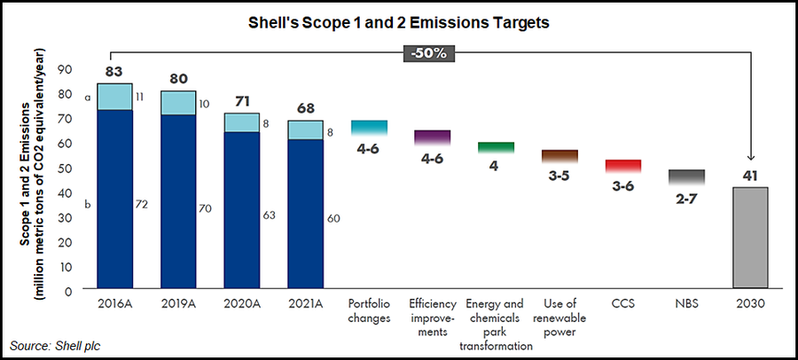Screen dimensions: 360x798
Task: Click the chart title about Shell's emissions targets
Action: click(x=398, y=23)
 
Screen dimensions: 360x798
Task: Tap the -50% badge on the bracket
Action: click(x=431, y=52)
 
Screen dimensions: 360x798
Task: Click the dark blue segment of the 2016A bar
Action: click(x=114, y=199)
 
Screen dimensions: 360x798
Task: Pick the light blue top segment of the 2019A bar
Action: click(x=178, y=103)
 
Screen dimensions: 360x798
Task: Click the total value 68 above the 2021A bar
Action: click(x=305, y=108)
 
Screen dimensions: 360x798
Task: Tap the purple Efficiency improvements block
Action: click(x=433, y=137)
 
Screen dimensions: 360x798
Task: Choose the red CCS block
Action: click(x=623, y=166)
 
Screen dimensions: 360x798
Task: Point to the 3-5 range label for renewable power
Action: click(x=559, y=176)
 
